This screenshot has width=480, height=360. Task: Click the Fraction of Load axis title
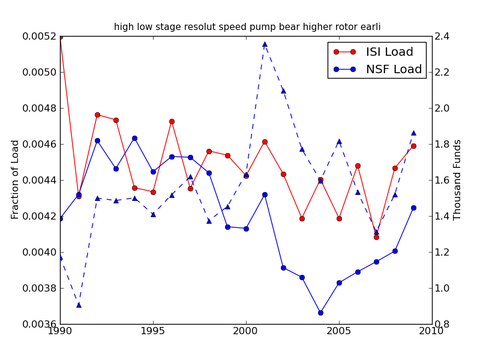16,179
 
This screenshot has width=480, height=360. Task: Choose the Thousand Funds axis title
458,179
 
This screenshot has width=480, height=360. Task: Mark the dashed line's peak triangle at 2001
265,44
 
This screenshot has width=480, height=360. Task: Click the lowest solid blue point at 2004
320,313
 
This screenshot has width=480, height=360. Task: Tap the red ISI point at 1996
172,121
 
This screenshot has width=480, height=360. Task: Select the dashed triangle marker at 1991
79,305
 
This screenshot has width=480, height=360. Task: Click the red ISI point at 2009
413,146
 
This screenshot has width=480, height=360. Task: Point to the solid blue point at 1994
134,138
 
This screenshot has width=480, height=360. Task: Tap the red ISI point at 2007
376,237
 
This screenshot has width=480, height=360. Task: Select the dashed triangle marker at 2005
339,142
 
